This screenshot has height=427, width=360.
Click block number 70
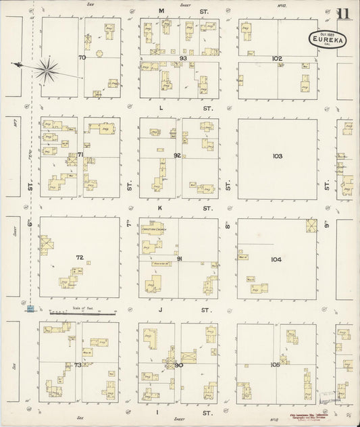click(x=82, y=58)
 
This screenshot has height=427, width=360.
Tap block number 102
click(x=277, y=59)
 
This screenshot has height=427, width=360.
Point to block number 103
click(x=277, y=156)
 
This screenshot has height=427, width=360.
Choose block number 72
click(x=80, y=257)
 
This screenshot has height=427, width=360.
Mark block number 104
click(x=276, y=259)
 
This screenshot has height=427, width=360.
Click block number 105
click(x=276, y=365)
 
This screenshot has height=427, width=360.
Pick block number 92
click(x=178, y=155)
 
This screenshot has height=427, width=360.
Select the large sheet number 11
click(x=344, y=16)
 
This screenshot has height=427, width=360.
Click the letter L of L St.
click(x=161, y=108)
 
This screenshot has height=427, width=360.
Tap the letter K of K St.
click(x=160, y=209)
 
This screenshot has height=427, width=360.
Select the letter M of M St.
click(x=162, y=11)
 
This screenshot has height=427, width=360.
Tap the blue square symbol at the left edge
click(x=30, y=309)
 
